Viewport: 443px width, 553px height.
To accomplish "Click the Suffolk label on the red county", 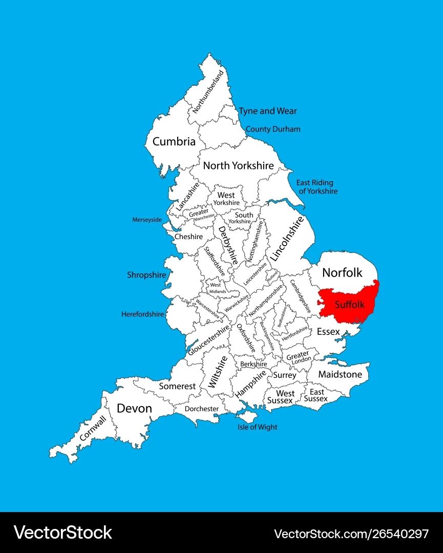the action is pyautogui.click(x=350, y=305).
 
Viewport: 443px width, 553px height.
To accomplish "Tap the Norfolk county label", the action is pyautogui.click(x=342, y=273).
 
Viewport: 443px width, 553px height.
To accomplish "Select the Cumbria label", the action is pyautogui.click(x=174, y=141).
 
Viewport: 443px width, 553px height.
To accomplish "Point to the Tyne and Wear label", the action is pyautogui.click(x=268, y=111).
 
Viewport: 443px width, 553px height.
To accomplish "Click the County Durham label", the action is pyautogui.click(x=273, y=129).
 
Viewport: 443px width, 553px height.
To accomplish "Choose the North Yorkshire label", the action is pyautogui.click(x=238, y=165).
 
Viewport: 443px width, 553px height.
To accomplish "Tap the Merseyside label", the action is pyautogui.click(x=147, y=220).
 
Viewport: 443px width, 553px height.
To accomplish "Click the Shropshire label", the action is pyautogui.click(x=146, y=275).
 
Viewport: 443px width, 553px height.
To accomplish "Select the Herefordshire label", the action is pyautogui.click(x=143, y=314).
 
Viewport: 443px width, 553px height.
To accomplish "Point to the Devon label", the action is pyautogui.click(x=134, y=408).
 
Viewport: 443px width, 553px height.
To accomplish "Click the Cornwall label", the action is pyautogui.click(x=93, y=428).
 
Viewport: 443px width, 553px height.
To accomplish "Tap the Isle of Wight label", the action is pyautogui.click(x=257, y=427).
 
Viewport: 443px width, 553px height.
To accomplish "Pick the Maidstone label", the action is pyautogui.click(x=340, y=374).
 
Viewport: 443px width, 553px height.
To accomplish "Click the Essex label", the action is pyautogui.click(x=328, y=332).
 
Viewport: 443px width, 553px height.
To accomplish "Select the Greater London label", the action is pyautogui.click(x=298, y=357).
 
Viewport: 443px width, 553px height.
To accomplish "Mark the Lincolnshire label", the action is pyautogui.click(x=287, y=238).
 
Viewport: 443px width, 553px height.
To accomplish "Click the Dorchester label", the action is pyautogui.click(x=202, y=409).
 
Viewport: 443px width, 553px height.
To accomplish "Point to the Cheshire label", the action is pyautogui.click(x=188, y=237).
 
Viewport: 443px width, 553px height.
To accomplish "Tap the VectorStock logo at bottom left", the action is pyautogui.click(x=63, y=533).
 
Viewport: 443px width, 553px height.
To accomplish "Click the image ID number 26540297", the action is pyautogui.click(x=394, y=534).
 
